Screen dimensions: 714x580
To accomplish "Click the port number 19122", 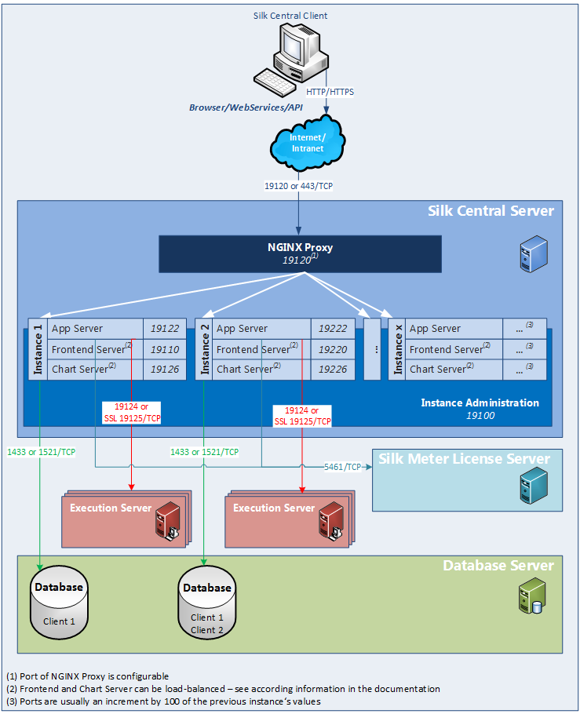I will (165, 329).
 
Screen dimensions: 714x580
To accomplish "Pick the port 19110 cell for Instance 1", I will (165, 349).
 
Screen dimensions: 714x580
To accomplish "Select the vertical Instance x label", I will (398, 349).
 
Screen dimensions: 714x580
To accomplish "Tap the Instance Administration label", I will (480, 403).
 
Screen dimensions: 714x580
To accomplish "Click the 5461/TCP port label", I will (342, 466).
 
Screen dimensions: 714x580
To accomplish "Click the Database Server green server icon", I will (527, 599).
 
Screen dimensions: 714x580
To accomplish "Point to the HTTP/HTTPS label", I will (330, 92).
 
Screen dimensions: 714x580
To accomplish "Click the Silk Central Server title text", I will (491, 210).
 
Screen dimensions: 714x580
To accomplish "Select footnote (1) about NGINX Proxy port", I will (87, 676).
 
